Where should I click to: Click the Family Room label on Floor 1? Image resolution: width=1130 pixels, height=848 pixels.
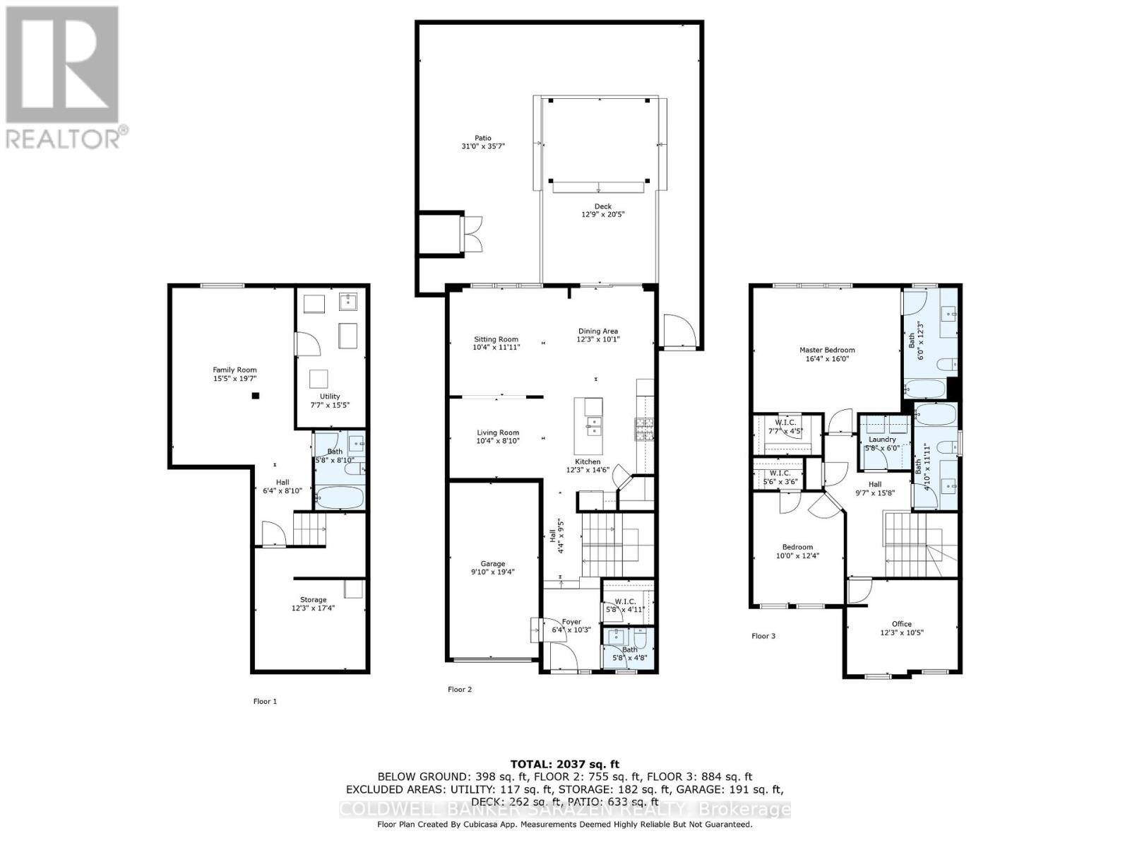click(x=235, y=370)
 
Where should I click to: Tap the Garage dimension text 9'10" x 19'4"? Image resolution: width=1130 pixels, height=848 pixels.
click(x=493, y=572)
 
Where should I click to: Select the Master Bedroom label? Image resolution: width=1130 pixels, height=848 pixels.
click(x=827, y=350)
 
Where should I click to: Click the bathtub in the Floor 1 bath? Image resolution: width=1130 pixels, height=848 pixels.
click(x=340, y=497)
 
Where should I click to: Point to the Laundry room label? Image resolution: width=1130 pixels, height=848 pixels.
click(x=882, y=440)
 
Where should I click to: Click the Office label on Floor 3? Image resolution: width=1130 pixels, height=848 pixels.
click(x=901, y=624)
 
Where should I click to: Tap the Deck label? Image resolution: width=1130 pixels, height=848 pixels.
click(x=602, y=206)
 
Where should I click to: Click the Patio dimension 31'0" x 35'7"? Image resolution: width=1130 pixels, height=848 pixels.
click(x=482, y=147)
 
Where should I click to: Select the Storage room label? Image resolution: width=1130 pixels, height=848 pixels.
click(x=313, y=599)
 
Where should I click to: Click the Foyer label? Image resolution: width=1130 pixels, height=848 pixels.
click(x=571, y=622)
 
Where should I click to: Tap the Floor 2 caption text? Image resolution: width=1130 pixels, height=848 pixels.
click(x=460, y=689)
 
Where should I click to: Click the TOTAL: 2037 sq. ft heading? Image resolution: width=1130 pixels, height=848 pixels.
click(x=564, y=764)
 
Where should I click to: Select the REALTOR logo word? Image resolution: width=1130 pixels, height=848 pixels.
click(x=64, y=139)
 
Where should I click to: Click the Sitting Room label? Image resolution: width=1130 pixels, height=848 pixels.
click(x=496, y=339)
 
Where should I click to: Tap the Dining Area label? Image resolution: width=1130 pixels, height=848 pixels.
click(x=598, y=331)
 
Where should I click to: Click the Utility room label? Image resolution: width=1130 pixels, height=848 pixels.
click(x=330, y=396)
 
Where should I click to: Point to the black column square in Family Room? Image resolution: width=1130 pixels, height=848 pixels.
click(x=256, y=396)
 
